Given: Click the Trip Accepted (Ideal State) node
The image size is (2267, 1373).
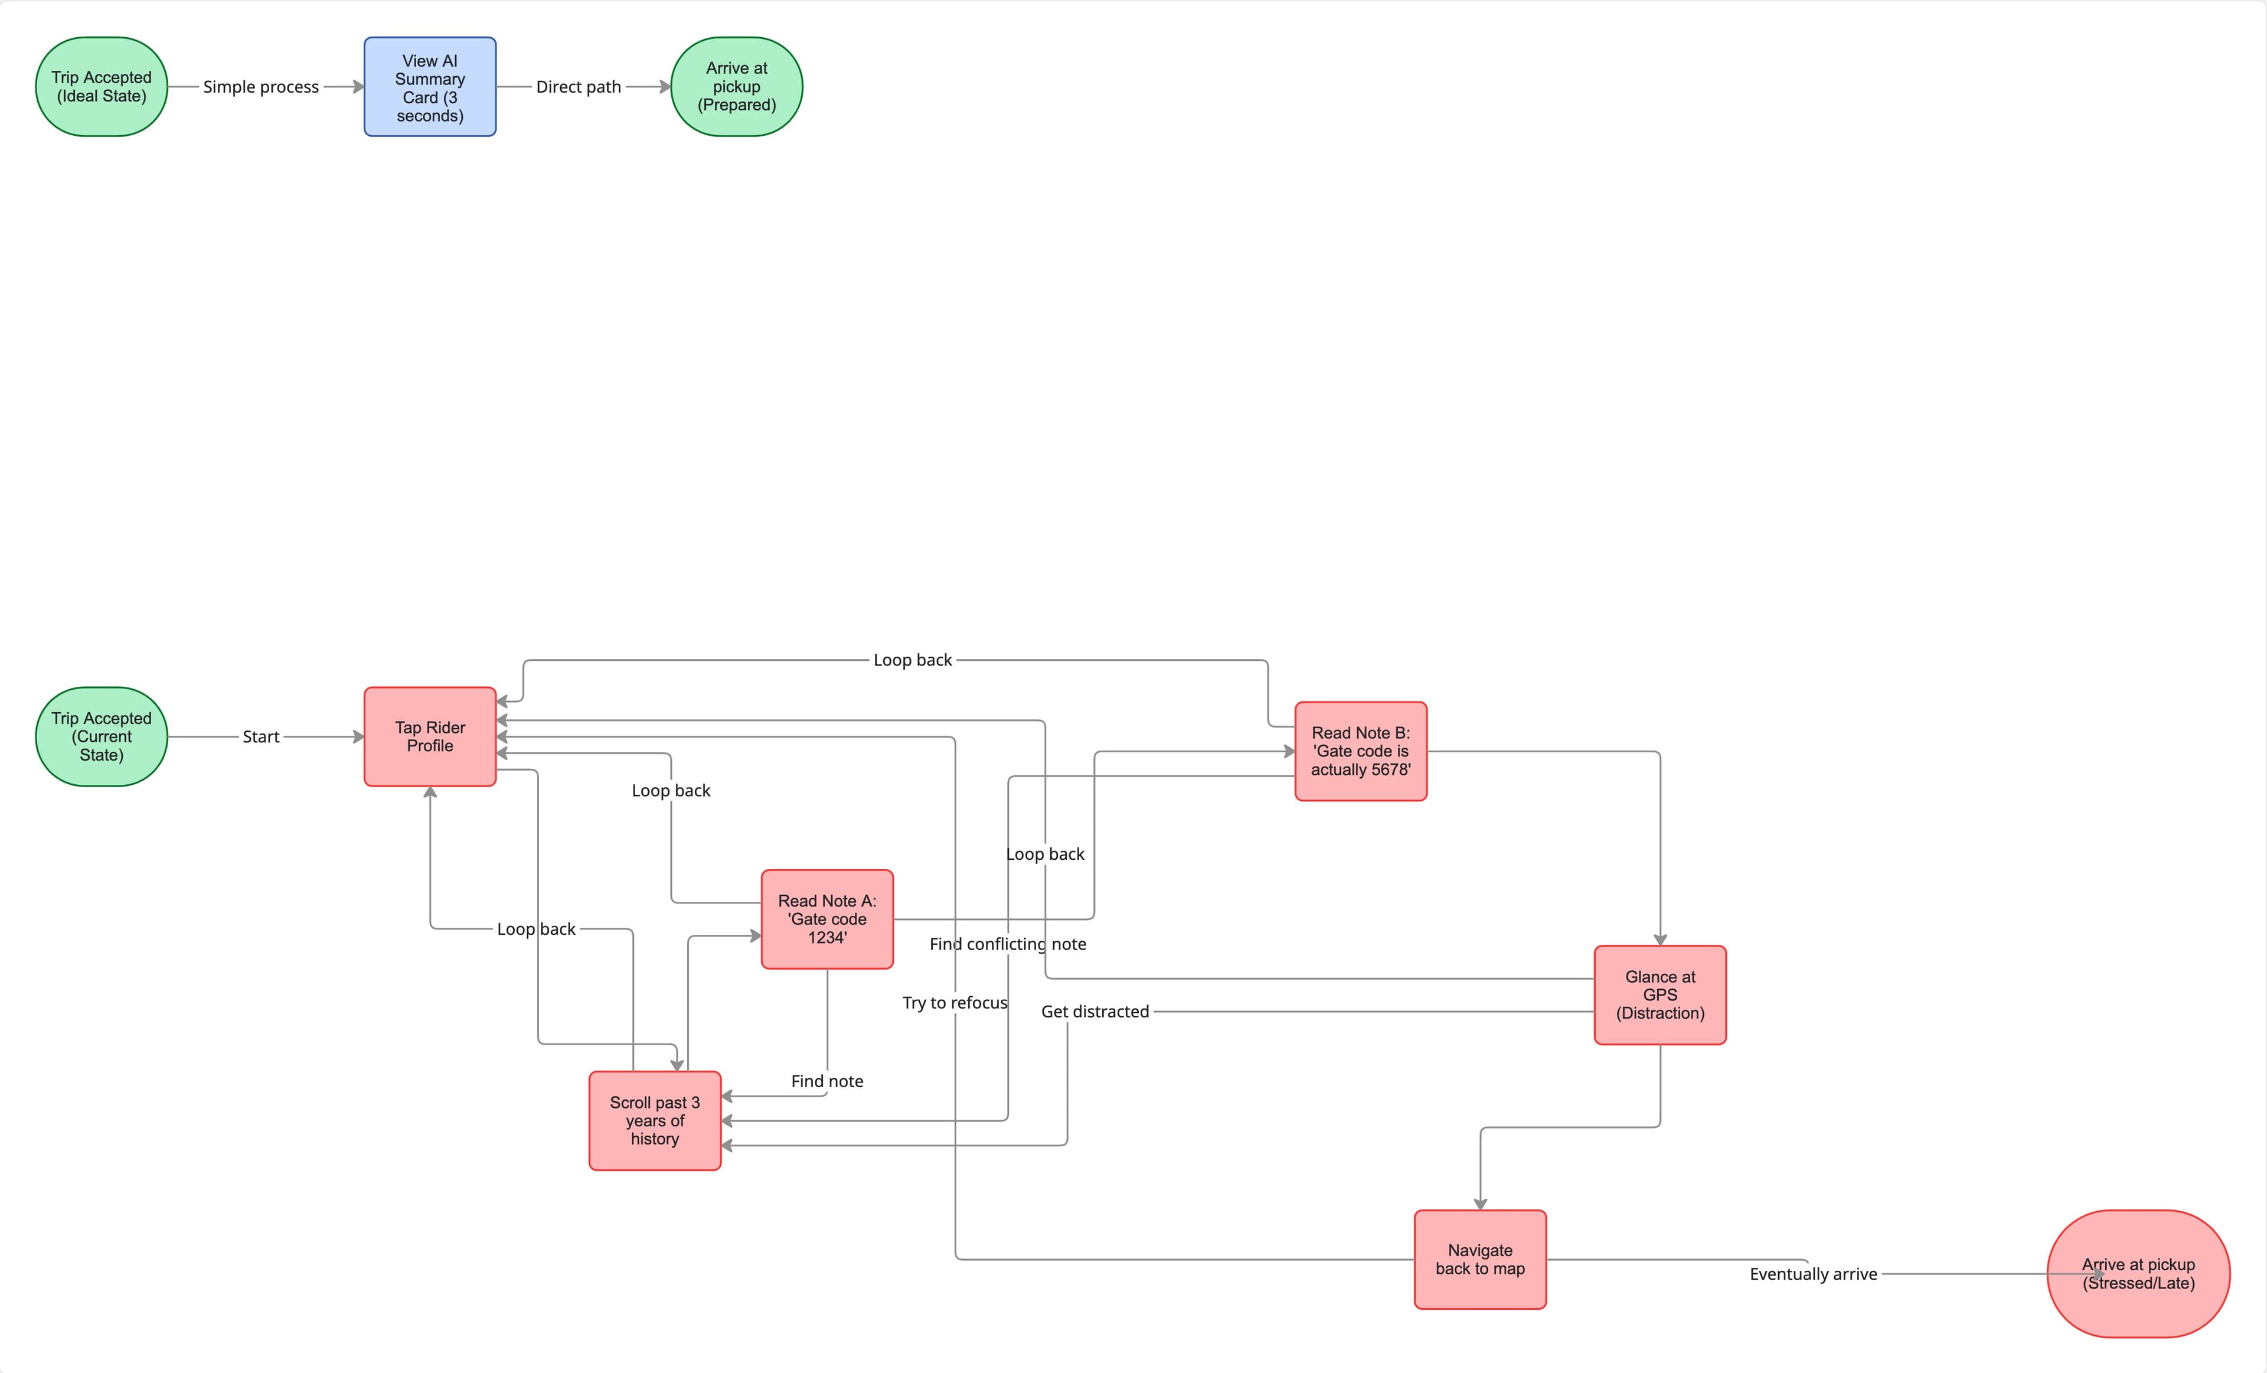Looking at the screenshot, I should click(x=101, y=86).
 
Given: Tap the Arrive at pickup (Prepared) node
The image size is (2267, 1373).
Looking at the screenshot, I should click(x=736, y=86).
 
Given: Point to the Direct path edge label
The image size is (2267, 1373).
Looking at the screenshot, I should click(x=578, y=86).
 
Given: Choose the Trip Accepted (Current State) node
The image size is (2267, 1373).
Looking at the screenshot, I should click(x=101, y=736).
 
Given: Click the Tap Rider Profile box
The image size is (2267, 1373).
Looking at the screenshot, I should click(x=430, y=736).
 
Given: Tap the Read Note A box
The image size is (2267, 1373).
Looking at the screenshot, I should click(x=827, y=918).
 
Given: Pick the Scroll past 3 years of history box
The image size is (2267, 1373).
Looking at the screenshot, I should click(x=654, y=1120).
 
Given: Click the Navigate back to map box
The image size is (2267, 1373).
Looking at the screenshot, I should click(x=1479, y=1259).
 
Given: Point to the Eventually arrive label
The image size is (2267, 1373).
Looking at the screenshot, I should click(x=1812, y=1274).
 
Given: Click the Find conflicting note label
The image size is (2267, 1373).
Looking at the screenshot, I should click(x=1007, y=943).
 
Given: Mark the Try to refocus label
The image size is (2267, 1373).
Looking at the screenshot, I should click(x=954, y=1002).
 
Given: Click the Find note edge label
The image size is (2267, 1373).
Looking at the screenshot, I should click(x=827, y=1081).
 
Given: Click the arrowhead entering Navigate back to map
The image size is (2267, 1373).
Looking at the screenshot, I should click(x=1479, y=1204).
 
